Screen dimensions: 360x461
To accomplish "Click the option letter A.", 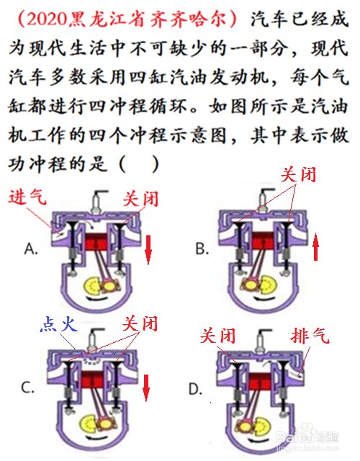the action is (x=31, y=249).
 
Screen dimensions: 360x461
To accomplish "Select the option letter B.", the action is (x=202, y=249).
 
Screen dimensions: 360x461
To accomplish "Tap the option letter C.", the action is (x=28, y=388).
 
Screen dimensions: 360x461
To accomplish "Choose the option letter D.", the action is (x=195, y=390).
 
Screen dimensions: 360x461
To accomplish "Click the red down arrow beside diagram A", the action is (x=148, y=249).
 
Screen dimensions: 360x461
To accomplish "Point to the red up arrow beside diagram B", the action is (x=315, y=246).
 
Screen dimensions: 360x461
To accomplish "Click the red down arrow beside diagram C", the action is (x=146, y=388).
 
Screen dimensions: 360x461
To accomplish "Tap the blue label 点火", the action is (x=59, y=324).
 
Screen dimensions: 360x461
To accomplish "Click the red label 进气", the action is (x=27, y=196).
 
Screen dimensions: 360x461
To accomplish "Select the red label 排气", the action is (x=310, y=336).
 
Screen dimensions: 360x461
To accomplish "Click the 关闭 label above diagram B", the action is (x=298, y=174).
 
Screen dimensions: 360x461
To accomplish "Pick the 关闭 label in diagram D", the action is (x=217, y=336).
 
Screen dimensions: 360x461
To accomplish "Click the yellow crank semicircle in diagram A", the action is (x=92, y=286).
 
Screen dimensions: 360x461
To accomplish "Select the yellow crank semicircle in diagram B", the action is (x=269, y=285).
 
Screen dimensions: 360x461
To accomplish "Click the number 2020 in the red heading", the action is (x=46, y=19).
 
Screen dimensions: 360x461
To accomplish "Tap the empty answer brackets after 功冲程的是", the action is (x=139, y=164).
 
